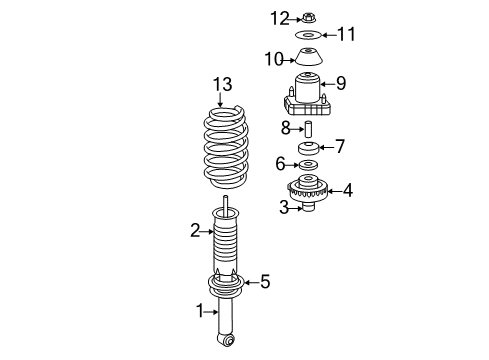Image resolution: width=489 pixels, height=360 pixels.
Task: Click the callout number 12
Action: [x=282, y=17]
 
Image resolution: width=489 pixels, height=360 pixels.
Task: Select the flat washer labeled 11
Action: [x=310, y=35]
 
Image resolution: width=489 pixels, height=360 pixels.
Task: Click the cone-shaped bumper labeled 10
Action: [x=310, y=57]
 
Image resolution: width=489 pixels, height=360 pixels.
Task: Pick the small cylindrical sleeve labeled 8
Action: [x=309, y=129]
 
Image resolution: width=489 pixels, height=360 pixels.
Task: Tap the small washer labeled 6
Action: [x=309, y=166]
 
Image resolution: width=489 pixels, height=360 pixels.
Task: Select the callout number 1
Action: [x=200, y=311]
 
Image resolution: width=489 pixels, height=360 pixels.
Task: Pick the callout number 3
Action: [x=284, y=207]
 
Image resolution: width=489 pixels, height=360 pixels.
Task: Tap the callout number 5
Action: [x=264, y=282]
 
